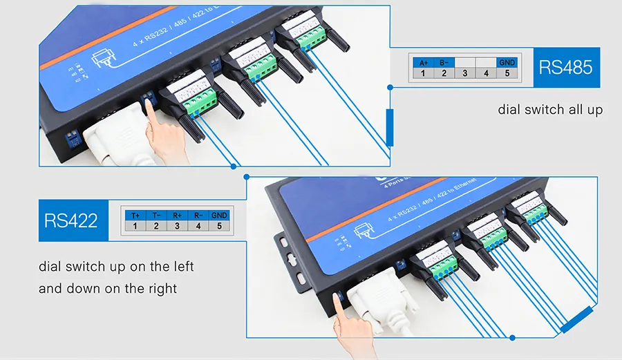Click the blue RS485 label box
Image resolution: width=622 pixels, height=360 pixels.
tap(565, 67)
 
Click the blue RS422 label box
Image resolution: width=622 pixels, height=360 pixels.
tap(70, 220)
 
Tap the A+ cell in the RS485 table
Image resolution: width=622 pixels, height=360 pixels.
tap(423, 62)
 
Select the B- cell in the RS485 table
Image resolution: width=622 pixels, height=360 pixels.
tap(444, 62)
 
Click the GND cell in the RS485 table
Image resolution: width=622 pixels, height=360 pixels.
tap(507, 62)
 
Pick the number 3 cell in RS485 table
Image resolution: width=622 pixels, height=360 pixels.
tap(465, 73)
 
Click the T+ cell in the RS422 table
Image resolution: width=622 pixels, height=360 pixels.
tap(135, 216)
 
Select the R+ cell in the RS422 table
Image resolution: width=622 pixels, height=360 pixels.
tap(177, 216)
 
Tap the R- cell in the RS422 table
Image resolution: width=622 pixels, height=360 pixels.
tap(198, 216)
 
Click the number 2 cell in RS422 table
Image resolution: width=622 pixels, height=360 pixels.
tap(156, 226)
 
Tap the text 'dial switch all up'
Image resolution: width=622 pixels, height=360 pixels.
tap(550, 110)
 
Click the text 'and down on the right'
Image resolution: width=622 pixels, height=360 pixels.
tap(108, 288)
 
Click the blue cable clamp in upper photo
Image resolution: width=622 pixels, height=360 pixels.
tap(390, 127)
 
